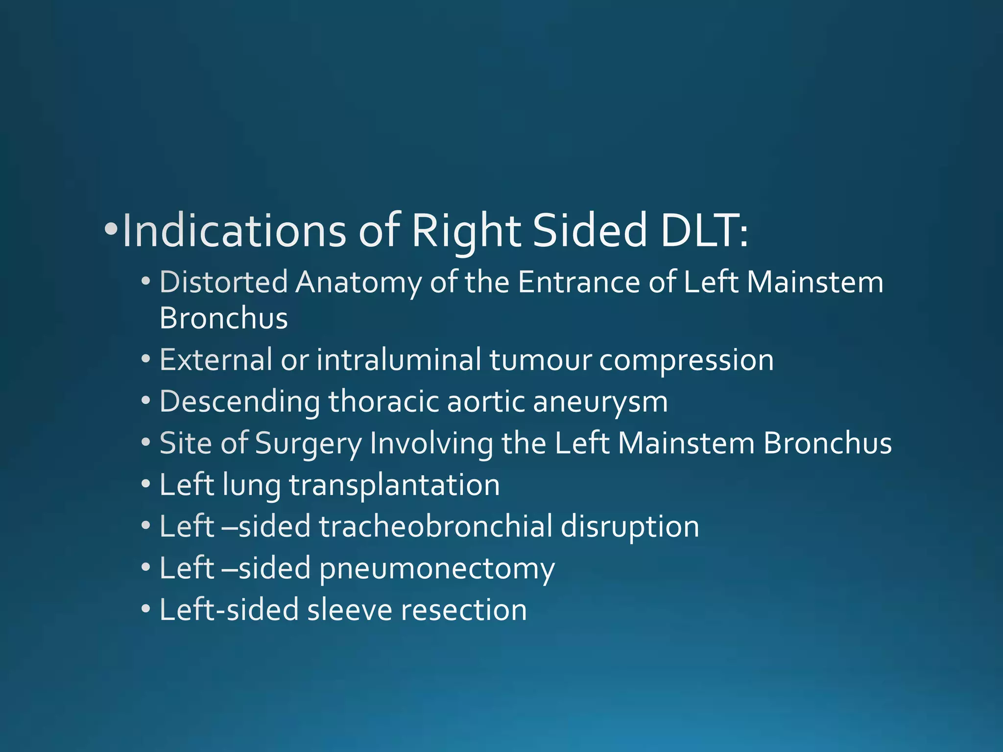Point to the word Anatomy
358,283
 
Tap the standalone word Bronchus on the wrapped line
223,318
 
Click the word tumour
540,360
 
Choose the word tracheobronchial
435,527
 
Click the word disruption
629,527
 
